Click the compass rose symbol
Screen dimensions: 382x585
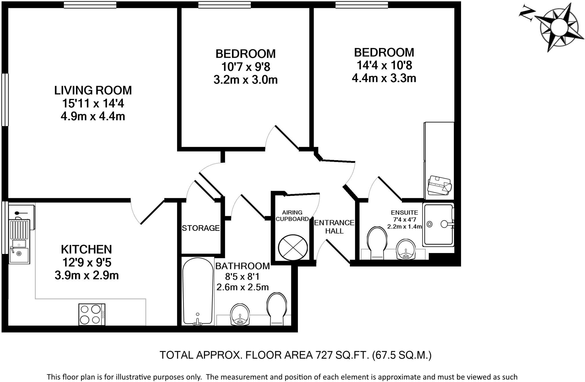point(555,28)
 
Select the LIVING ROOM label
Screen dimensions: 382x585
point(93,90)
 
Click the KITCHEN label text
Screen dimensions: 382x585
point(86,249)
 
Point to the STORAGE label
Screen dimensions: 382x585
point(201,228)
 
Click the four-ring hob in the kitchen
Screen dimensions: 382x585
point(92,314)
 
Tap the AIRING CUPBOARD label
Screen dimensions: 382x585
point(292,216)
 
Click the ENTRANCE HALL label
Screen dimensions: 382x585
point(334,226)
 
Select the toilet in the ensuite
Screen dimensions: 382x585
point(377,242)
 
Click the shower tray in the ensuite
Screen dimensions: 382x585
point(438,224)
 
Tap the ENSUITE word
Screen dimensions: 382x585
point(404,212)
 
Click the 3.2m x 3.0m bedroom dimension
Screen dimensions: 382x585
point(245,80)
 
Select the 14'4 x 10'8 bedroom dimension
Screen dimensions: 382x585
point(384,65)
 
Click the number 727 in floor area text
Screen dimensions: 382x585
point(324,355)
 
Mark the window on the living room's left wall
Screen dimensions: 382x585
point(5,100)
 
